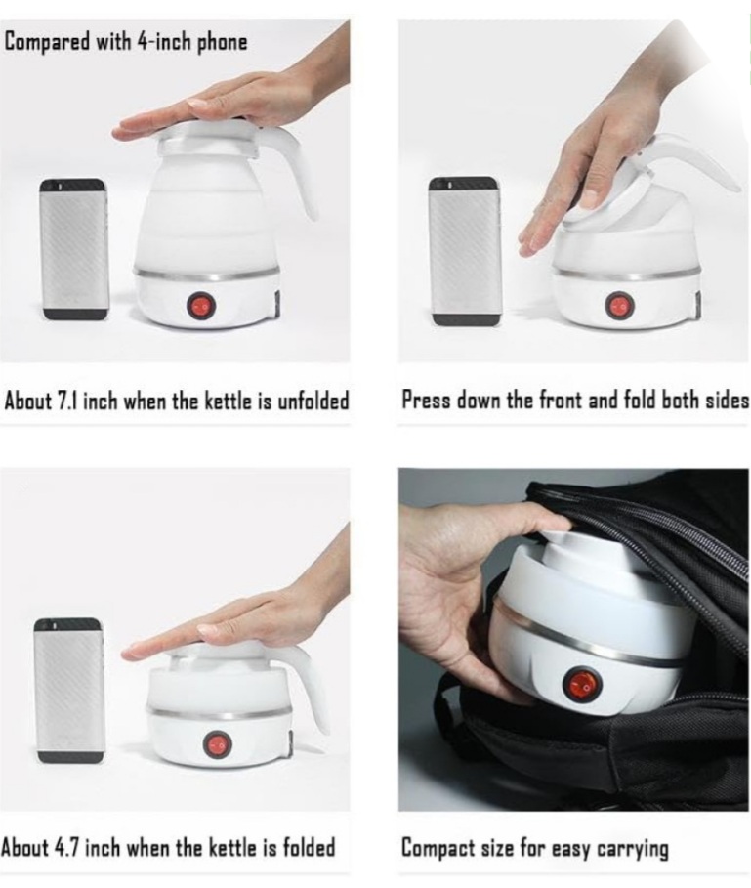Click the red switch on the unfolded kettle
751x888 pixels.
coord(200,307)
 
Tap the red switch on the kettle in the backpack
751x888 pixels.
coord(581,684)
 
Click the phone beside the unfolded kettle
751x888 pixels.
coord(73,249)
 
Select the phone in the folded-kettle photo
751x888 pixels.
coord(69,691)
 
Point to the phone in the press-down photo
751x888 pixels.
coord(466,251)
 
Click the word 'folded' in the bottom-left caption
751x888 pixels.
coord(309,848)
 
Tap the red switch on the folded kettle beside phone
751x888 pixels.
coord(218,745)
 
